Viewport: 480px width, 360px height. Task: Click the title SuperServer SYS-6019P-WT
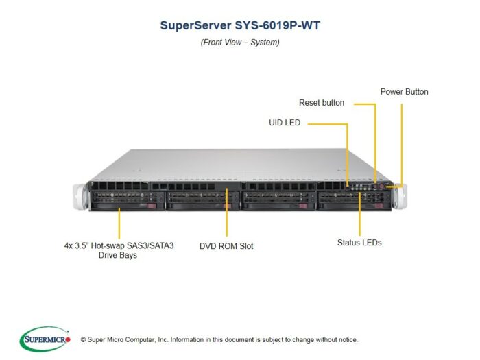click(x=240, y=25)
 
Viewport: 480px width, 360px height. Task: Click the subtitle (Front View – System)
click(x=240, y=43)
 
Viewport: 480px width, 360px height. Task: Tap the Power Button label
click(x=404, y=91)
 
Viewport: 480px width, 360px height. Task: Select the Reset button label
click(x=322, y=103)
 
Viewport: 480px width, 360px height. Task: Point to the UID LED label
click(x=285, y=123)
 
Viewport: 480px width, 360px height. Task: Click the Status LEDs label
click(x=359, y=243)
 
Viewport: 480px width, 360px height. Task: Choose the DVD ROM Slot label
click(x=226, y=246)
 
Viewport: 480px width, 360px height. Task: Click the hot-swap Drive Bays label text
click(x=119, y=250)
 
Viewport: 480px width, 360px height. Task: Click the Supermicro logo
click(x=45, y=339)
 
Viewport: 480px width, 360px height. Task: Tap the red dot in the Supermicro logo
click(x=68, y=339)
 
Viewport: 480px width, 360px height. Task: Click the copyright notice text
click(x=219, y=340)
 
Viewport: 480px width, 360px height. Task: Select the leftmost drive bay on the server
click(x=127, y=200)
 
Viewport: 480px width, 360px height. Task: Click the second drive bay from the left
click(x=203, y=200)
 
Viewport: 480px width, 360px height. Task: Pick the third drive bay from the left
click(x=278, y=200)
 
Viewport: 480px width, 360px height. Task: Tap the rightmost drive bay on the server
click(x=355, y=200)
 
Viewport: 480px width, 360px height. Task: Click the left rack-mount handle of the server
click(x=80, y=197)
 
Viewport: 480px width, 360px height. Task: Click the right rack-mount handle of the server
click(x=400, y=196)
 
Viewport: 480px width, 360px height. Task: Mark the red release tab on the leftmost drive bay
click(x=152, y=206)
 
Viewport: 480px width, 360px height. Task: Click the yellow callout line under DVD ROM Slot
click(x=226, y=212)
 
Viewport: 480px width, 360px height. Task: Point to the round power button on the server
click(x=381, y=186)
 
